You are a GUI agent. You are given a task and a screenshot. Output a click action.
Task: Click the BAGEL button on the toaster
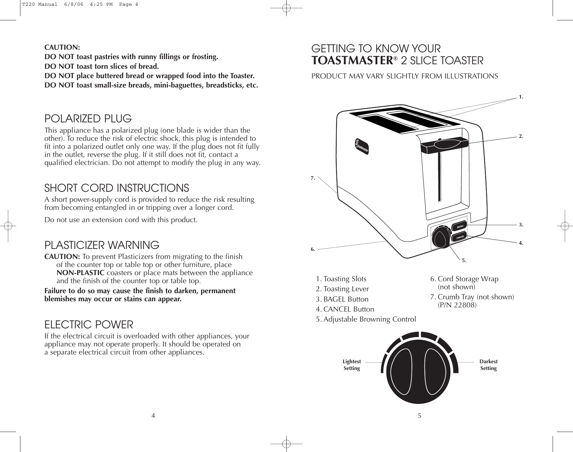coord(460,227)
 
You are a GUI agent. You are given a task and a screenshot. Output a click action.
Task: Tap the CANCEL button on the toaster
coord(460,238)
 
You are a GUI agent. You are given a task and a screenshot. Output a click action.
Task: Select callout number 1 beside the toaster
coord(521,97)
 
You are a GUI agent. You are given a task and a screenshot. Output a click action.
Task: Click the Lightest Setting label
coord(352,365)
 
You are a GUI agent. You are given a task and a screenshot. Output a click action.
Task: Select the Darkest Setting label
coord(488,365)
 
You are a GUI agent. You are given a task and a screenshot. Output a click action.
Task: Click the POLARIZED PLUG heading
coord(88,118)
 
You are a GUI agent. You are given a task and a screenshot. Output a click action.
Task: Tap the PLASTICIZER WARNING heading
coord(101,245)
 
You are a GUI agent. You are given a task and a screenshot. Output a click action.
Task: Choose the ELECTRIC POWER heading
coord(88,324)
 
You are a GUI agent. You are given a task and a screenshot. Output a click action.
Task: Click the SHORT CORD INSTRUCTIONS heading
coord(117,188)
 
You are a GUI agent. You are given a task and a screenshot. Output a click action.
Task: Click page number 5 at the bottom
coord(419,416)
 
